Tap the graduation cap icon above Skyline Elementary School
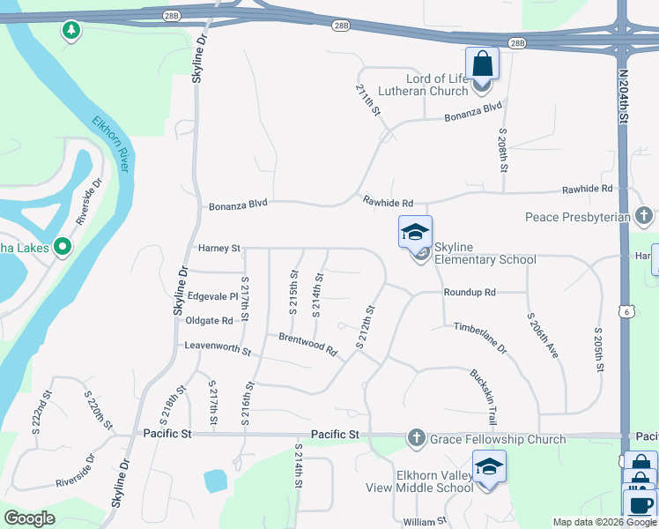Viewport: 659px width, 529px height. point(416,233)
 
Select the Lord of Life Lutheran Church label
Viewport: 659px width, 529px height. point(423,85)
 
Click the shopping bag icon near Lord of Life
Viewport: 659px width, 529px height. point(482,63)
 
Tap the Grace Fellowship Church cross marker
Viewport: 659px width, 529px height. point(416,438)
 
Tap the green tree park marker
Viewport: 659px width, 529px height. point(71,31)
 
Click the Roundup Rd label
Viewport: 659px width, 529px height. point(470,292)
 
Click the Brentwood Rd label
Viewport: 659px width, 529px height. point(308,344)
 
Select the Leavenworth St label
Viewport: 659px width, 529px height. point(218,347)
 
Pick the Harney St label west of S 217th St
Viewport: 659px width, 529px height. point(218,249)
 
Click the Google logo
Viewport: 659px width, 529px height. point(29,518)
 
